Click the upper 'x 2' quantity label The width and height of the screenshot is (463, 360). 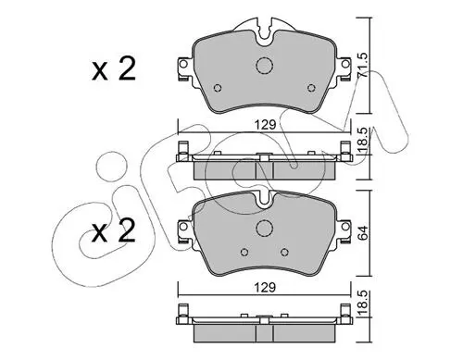[114, 70]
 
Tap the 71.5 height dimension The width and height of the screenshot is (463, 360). [363, 65]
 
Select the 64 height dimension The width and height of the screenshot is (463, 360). [363, 233]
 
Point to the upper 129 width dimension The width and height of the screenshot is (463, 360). [265, 125]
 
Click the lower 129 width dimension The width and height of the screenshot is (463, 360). [265, 288]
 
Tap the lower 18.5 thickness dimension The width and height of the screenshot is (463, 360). [363, 304]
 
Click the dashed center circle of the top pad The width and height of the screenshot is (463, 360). [265, 66]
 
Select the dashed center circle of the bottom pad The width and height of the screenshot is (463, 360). [265, 229]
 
